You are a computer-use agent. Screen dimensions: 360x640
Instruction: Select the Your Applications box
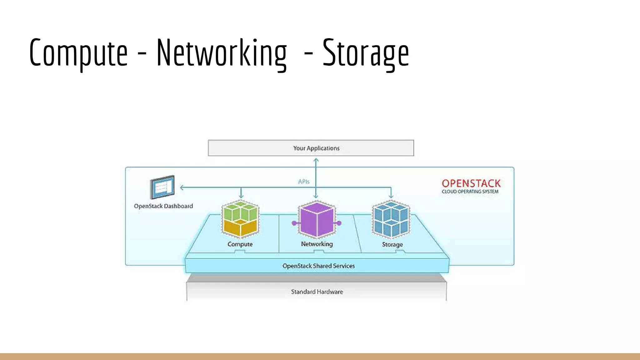click(311, 148)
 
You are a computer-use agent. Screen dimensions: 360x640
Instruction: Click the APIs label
click(303, 182)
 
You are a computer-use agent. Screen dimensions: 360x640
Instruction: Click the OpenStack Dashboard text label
click(163, 206)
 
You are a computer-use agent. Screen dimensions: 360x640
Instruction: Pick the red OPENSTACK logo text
click(471, 183)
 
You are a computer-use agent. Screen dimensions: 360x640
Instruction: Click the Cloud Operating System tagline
click(470, 192)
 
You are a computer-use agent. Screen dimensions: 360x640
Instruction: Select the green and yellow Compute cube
click(240, 220)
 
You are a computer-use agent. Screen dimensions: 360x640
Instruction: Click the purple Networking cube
click(317, 220)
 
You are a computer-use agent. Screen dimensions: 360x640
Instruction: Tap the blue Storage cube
click(391, 220)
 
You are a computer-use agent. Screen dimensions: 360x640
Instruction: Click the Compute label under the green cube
click(240, 244)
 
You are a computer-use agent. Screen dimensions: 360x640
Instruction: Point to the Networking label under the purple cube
click(317, 244)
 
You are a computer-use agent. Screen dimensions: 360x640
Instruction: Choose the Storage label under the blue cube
click(392, 245)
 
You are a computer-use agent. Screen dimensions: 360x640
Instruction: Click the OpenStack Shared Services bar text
click(318, 266)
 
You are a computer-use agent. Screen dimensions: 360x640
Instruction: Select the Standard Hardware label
click(317, 292)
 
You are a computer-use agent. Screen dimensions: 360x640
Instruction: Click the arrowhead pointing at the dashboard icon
click(182, 187)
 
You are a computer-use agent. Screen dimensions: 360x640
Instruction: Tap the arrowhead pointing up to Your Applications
click(316, 160)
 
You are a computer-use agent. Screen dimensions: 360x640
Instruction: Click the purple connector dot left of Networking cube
click(294, 223)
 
